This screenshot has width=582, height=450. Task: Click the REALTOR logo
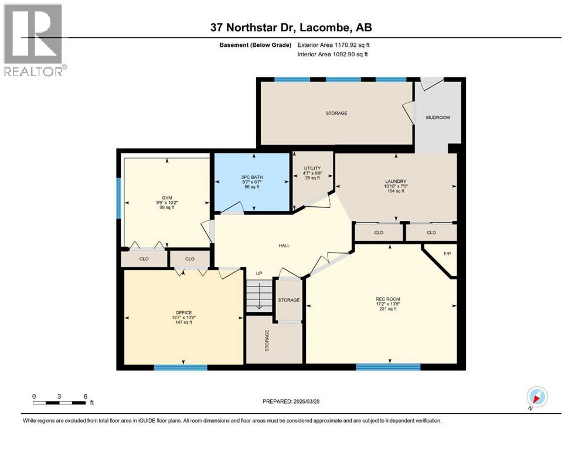pyautogui.click(x=33, y=40)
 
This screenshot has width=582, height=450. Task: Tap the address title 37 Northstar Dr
pyautogui.click(x=291, y=28)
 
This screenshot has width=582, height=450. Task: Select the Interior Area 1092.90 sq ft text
pyautogui.click(x=333, y=54)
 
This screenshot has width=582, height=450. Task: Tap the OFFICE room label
pyautogui.click(x=183, y=317)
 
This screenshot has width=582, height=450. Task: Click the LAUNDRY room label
pyautogui.click(x=396, y=186)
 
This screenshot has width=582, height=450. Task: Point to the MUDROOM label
pyautogui.click(x=437, y=118)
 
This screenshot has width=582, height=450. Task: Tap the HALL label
pyautogui.click(x=284, y=246)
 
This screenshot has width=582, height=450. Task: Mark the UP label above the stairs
pyautogui.click(x=258, y=274)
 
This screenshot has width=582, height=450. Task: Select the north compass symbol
pyautogui.click(x=536, y=396)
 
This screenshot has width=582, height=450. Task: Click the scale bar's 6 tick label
pyautogui.click(x=86, y=396)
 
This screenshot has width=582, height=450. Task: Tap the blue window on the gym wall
pyautogui.click(x=118, y=199)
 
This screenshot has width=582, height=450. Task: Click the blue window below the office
pyautogui.click(x=181, y=368)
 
